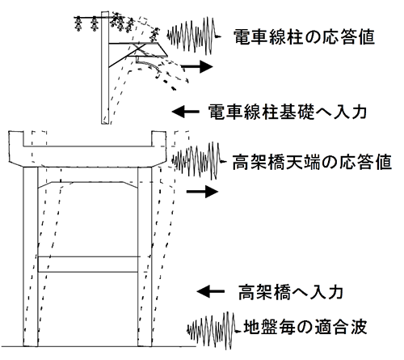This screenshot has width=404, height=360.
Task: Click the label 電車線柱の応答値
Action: tap(304, 37)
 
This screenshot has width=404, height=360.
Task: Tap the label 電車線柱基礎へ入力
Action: tap(287, 112)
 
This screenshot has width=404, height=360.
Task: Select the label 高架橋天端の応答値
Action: tap(312, 162)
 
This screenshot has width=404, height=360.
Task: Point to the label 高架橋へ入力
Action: tap(290, 292)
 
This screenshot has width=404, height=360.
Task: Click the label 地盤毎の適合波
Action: tap(305, 327)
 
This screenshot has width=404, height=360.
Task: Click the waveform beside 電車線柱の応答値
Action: tap(193, 36)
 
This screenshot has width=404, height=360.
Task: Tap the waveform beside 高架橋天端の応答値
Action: tap(200, 161)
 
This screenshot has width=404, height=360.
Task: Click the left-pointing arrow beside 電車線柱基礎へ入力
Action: tap(186, 112)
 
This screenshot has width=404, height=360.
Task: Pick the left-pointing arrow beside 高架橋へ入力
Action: tap(210, 291)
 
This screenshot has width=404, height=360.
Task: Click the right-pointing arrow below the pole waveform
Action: tap(197, 66)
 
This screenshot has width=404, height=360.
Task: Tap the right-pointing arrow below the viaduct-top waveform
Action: tap(202, 192)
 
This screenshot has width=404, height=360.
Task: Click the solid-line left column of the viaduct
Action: tap(31, 256)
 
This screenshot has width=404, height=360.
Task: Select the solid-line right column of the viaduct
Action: tap(145, 256)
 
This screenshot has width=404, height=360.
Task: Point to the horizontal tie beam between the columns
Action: tap(88, 265)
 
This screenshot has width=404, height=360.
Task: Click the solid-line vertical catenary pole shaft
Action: tap(105, 67)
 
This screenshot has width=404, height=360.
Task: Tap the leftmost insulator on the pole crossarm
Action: tap(78, 23)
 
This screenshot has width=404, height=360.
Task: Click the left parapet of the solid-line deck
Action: tap(16, 139)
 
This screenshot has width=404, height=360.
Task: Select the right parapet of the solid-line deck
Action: tap(159, 139)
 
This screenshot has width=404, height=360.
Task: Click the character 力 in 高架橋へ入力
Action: tap(335, 292)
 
